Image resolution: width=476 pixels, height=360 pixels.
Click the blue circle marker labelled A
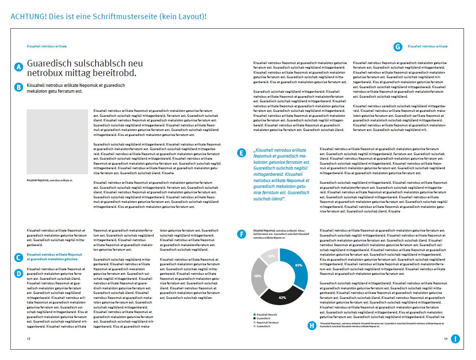(18, 67)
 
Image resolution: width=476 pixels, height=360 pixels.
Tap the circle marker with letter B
(18, 87)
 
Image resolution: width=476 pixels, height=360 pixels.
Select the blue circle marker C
(18, 258)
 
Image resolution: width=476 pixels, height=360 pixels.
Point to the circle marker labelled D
(18, 273)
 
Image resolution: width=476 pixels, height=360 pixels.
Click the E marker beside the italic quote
(241, 153)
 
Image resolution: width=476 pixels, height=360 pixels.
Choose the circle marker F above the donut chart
(241, 234)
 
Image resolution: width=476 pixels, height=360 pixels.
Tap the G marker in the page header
(398, 47)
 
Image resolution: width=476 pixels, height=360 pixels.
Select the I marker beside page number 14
(455, 339)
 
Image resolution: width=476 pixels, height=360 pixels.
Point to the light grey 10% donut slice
(270, 256)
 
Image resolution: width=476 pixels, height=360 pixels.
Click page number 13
(28, 339)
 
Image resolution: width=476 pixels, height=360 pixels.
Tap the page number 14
(445, 339)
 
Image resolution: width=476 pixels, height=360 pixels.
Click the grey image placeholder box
(57, 142)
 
